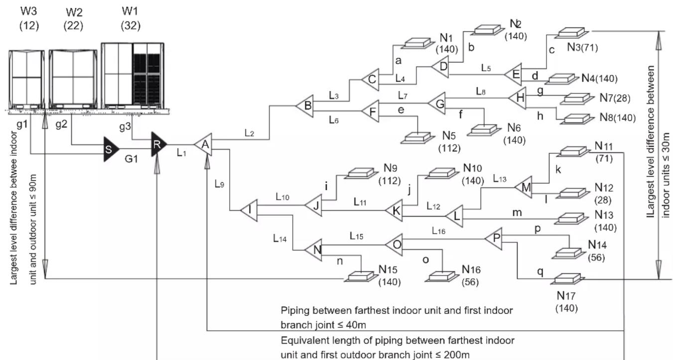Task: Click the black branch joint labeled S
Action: coord(111,149)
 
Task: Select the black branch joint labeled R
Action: coord(158,144)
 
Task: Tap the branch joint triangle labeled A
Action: coord(204,144)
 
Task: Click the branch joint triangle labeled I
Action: coord(250,210)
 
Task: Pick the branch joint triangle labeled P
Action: coord(494,239)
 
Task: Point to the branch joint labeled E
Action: coord(514,75)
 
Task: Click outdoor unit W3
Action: coord(26,80)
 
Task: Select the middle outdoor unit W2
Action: coord(73,79)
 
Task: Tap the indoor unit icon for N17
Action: coord(567,279)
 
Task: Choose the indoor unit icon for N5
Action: coord(417,138)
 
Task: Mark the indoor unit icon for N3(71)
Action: coord(572,33)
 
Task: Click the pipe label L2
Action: coord(250,133)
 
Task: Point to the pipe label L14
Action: coord(280,239)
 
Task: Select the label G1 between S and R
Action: coord(132,158)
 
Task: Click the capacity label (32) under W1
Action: coord(131,26)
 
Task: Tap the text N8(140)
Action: coord(618,118)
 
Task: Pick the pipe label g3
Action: coord(125,126)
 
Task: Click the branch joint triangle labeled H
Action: coord(518,98)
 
